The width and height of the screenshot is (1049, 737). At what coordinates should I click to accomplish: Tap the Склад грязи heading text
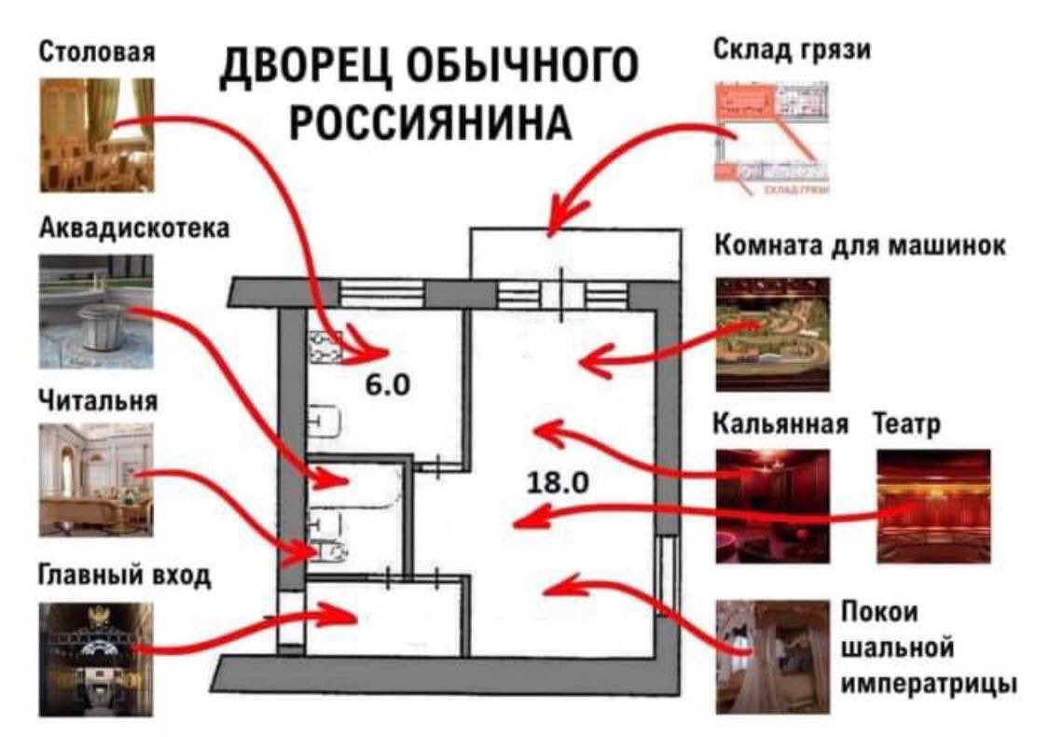pos(792,50)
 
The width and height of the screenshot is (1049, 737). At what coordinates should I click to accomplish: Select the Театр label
pos(906,424)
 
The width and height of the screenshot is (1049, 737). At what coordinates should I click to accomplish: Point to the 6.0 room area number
pos(387,383)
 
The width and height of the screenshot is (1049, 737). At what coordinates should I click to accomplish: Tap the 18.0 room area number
pos(557,482)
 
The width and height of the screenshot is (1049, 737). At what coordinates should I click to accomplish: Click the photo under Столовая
pos(96,134)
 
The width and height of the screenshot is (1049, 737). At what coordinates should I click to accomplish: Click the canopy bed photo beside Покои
pos(772,656)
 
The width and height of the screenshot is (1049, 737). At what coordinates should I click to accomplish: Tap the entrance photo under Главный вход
pos(96,659)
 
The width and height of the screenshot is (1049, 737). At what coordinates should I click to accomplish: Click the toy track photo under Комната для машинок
pos(772,333)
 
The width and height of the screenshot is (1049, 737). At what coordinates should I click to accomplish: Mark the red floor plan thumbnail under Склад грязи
pos(772,138)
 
